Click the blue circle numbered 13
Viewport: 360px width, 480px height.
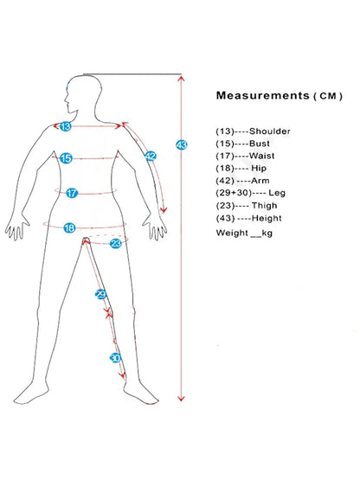click(x=65, y=126)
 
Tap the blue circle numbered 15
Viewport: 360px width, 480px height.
click(x=66, y=158)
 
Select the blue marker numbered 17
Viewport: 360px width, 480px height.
click(x=72, y=193)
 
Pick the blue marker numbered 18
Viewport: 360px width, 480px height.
click(x=69, y=227)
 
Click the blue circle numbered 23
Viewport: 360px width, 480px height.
click(x=116, y=243)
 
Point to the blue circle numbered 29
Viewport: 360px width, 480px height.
click(x=100, y=295)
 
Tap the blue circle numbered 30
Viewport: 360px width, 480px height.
click(x=115, y=357)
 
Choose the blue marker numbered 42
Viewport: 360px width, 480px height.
click(x=151, y=157)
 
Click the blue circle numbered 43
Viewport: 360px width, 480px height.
click(x=182, y=144)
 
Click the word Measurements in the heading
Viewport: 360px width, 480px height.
click(x=262, y=95)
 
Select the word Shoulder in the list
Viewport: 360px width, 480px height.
click(x=270, y=131)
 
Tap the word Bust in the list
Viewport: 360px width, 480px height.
click(x=260, y=144)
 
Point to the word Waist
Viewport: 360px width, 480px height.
click(x=261, y=156)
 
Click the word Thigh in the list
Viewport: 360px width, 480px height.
click(x=265, y=206)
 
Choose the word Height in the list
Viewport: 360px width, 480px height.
click(x=267, y=218)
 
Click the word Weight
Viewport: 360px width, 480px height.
click(x=232, y=233)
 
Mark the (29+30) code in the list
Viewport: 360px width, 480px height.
click(x=234, y=193)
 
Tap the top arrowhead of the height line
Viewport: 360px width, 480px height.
click(x=182, y=79)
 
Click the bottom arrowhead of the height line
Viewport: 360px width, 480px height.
click(x=182, y=398)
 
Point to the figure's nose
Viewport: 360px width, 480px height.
click(x=65, y=99)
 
